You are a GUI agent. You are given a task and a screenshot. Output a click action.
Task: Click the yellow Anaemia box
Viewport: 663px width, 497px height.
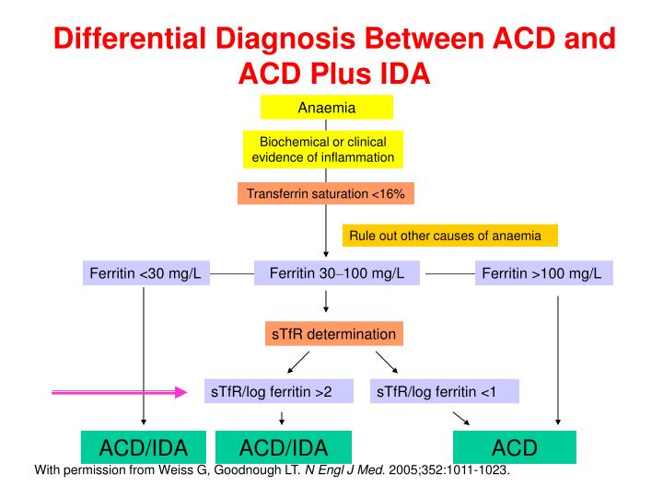pyautogui.click(x=326, y=108)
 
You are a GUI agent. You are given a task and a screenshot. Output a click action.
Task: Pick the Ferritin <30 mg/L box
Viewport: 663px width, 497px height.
pyautogui.click(x=145, y=273)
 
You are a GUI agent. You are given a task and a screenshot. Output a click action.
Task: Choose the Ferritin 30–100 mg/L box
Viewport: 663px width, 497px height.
pyautogui.click(x=331, y=273)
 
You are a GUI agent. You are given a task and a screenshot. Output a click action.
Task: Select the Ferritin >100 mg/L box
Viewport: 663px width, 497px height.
pyautogui.click(x=543, y=273)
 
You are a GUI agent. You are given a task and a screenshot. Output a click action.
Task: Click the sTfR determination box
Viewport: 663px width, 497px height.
pyautogui.click(x=333, y=333)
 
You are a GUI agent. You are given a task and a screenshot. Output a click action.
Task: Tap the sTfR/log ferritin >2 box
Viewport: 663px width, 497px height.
pyautogui.click(x=279, y=391)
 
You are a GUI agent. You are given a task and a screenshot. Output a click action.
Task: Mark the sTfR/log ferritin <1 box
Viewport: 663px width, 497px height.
pyautogui.click(x=444, y=391)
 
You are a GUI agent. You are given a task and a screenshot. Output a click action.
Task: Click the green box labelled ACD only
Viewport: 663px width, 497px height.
pyautogui.click(x=508, y=447)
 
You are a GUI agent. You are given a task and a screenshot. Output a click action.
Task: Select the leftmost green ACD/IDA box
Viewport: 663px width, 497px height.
pyautogui.click(x=144, y=447)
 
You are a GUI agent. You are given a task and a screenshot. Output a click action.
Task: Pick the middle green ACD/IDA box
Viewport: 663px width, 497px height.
pyautogui.click(x=284, y=447)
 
